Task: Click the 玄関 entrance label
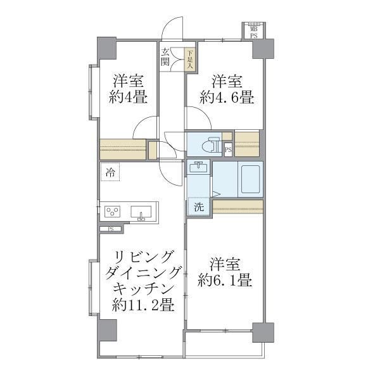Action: [165, 57]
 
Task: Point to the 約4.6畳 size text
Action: [227, 98]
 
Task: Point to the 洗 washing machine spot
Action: [198, 206]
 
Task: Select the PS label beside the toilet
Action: [227, 149]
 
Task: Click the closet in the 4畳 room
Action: [123, 148]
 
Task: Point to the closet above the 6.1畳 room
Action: [237, 206]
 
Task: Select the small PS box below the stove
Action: [111, 229]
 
